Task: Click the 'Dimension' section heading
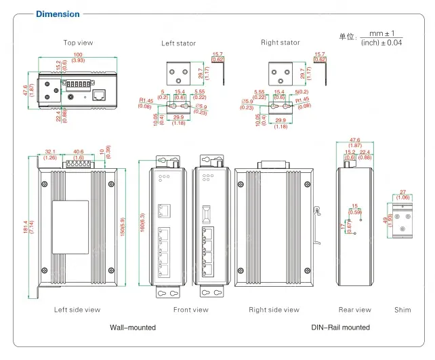click(58, 14)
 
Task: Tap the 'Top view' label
click(78, 43)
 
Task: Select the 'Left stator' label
click(178, 43)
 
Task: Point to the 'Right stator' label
click(281, 43)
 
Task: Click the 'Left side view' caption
click(77, 310)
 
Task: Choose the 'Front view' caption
click(191, 310)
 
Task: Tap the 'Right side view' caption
click(274, 310)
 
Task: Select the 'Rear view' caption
click(355, 310)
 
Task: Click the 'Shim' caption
click(402, 310)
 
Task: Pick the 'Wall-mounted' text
click(133, 327)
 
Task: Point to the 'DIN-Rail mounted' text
click(340, 327)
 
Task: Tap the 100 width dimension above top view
click(79, 54)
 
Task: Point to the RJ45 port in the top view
click(99, 94)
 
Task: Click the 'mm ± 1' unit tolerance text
click(381, 33)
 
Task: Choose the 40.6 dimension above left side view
click(78, 152)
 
